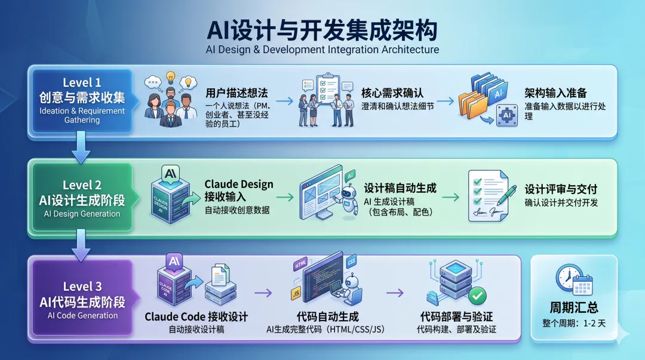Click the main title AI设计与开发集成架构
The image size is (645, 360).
(322, 29)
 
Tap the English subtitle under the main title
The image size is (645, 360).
(322, 50)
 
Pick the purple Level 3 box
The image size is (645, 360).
(82, 299)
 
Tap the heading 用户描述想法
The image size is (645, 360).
(236, 93)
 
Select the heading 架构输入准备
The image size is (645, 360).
(555, 93)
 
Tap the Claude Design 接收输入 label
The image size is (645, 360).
(238, 190)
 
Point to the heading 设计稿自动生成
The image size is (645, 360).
(400, 188)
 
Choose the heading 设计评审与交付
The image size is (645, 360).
(561, 189)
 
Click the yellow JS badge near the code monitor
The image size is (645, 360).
(295, 294)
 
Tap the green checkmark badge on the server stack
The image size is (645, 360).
(477, 295)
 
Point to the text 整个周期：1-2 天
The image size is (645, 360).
(573, 323)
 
